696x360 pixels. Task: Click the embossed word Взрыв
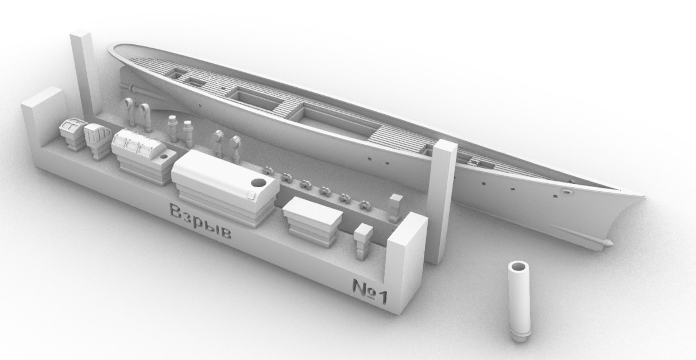(x=200, y=221)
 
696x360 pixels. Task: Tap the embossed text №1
(x=370, y=291)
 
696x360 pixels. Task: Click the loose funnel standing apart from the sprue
(x=519, y=301)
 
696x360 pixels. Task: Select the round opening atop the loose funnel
(x=519, y=267)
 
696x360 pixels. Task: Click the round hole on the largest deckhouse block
(x=258, y=183)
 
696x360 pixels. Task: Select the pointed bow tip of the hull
(x=643, y=196)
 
